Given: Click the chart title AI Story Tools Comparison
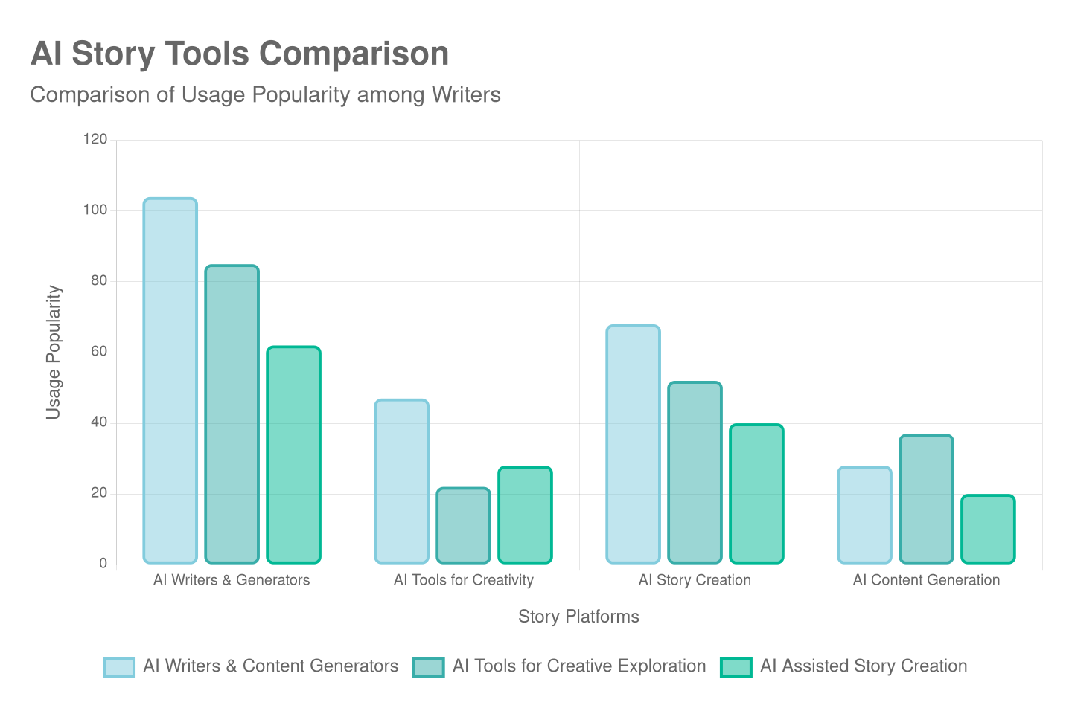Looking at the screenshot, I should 240,54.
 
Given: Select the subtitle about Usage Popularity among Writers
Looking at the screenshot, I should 265,95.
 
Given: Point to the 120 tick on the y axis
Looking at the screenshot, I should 95,139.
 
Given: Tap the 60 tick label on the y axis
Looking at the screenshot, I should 99,351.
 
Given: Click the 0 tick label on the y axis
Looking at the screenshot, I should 103,563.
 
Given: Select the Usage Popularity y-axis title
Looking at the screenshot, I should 53,352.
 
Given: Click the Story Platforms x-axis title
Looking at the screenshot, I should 578,617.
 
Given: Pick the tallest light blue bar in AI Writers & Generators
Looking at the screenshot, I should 170,380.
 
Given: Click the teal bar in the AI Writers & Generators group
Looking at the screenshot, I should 232,414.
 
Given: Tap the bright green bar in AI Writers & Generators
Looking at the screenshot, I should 293,454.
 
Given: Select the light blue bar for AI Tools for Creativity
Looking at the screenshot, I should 401,481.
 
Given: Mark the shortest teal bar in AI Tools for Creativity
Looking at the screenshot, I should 463,525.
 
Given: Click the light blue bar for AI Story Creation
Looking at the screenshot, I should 633,444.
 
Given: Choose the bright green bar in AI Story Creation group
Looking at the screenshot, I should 756,494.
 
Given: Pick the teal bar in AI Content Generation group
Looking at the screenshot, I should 926,499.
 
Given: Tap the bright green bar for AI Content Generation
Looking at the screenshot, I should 988,529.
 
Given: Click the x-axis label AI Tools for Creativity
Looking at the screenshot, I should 463,580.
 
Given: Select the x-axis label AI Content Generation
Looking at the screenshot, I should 926,580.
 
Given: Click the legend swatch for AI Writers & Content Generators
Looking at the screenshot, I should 119,667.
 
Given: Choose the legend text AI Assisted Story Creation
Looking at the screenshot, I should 864,666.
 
